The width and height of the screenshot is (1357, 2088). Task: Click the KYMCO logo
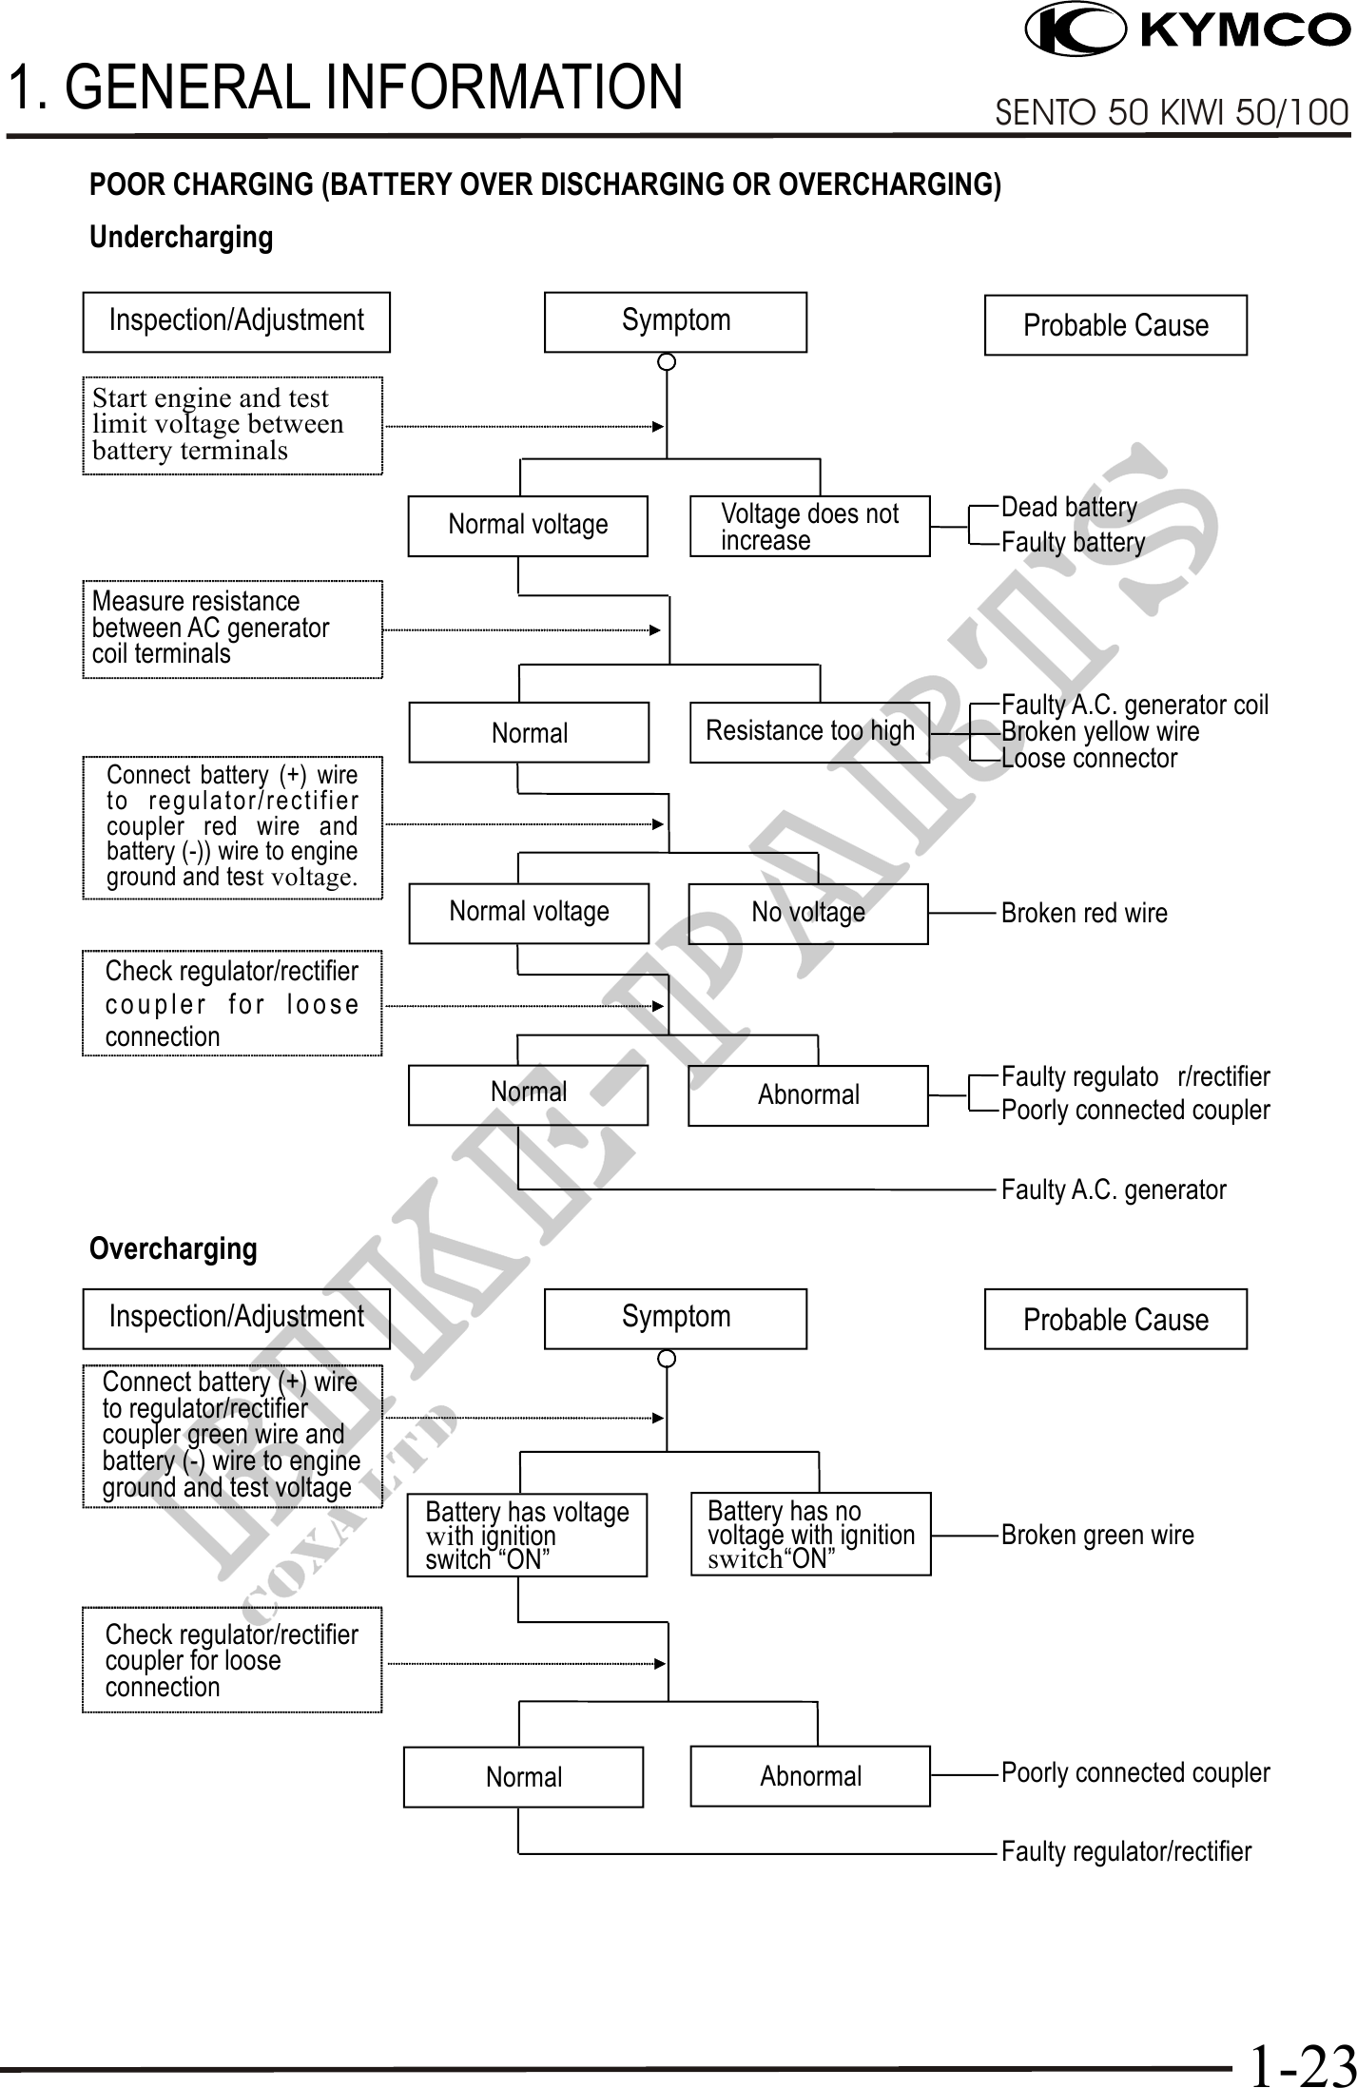1188,29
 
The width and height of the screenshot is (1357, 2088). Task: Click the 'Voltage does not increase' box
809,526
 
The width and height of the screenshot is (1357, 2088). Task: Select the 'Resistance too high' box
809,731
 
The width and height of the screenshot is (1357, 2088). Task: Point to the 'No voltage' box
807,913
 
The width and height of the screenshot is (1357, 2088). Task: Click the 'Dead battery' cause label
1069,508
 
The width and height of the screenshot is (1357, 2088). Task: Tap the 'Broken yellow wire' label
1100,732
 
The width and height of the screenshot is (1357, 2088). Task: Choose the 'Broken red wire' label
1084,913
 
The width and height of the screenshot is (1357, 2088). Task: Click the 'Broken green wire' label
1097,1535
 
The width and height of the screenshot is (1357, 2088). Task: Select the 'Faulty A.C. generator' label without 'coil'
1114,1189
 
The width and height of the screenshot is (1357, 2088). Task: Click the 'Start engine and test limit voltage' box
232,424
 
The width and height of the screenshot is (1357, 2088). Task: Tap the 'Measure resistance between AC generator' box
232,628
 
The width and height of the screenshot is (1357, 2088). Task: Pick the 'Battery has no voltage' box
810,1535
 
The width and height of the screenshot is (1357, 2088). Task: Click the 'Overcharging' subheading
173,1248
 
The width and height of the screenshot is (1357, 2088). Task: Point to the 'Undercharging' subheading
181,237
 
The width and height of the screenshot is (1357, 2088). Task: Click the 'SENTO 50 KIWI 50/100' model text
1172,113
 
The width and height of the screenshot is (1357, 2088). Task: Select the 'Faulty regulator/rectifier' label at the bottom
1126,1852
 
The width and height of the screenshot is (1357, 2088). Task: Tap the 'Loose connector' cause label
1089,759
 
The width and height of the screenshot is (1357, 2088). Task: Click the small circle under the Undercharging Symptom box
668,361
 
